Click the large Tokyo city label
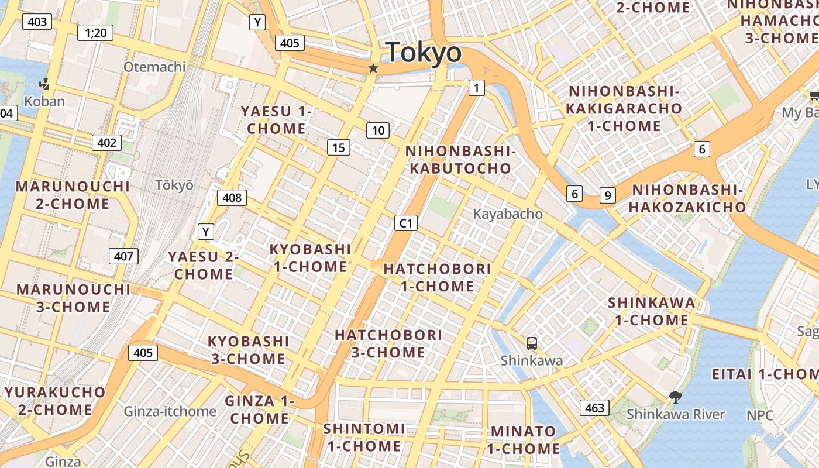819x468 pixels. point(424,53)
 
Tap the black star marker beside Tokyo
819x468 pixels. point(373,68)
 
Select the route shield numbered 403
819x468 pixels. point(37,22)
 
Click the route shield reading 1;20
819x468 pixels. point(95,32)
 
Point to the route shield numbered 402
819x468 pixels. point(106,142)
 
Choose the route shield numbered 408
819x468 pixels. point(232,198)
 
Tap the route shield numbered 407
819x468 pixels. point(123,256)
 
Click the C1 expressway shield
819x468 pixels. point(406,223)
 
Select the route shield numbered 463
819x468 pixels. point(594,408)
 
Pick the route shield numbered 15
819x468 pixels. point(339,147)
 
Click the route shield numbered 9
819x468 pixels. point(608,195)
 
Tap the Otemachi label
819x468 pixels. point(154,67)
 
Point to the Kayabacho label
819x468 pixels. point(508,214)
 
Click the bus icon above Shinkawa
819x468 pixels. point(531,343)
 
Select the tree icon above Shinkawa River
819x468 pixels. point(675,397)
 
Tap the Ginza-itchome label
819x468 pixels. point(170,411)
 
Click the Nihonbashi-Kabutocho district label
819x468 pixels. point(460,160)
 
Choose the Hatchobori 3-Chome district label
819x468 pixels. point(388,343)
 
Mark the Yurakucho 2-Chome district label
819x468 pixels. point(55,401)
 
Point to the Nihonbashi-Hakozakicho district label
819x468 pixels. point(688,198)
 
